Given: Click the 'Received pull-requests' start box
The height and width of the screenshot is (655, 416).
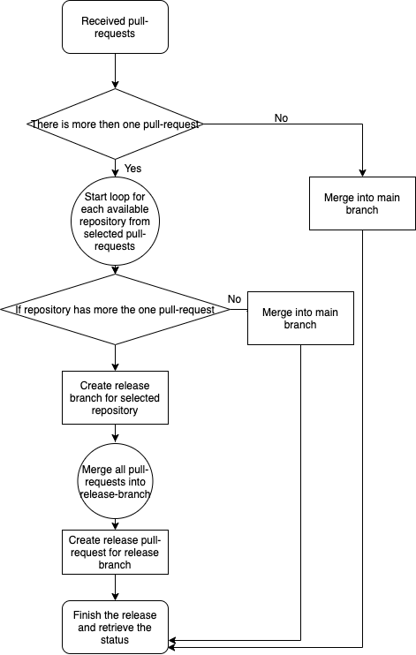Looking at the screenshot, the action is [115, 27].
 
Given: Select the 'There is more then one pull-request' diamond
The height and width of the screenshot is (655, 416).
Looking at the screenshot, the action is [115, 124].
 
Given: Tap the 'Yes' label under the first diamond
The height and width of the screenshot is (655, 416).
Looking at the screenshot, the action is [133, 169].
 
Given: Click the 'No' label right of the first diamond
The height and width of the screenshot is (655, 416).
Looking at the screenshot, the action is [282, 118].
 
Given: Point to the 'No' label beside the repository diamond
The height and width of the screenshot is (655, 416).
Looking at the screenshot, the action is [235, 299].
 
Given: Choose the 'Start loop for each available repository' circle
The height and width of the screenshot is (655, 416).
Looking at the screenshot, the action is [115, 222].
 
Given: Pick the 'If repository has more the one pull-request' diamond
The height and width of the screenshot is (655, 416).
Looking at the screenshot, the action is [115, 310].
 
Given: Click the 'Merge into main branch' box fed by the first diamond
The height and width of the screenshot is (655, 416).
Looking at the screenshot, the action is [362, 203].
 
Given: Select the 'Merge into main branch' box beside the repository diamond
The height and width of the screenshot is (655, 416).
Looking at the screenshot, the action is [300, 319].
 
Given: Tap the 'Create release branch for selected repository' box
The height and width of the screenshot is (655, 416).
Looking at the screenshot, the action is [115, 397].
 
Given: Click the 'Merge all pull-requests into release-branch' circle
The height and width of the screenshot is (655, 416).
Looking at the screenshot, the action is [115, 482].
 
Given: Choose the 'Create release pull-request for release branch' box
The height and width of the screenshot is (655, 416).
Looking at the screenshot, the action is [115, 553].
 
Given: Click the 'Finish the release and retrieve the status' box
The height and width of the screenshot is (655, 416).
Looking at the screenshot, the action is [115, 628].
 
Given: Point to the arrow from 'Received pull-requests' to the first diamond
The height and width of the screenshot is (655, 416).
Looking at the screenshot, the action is [115, 71].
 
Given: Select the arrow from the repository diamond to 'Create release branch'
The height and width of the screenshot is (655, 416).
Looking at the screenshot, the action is [115, 358].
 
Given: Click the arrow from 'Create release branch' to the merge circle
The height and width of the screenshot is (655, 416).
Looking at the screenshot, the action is [115, 433].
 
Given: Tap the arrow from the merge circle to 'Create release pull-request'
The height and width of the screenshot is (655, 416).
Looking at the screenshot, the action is [115, 524].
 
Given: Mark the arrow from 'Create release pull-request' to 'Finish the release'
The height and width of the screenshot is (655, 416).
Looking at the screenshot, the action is [115, 587].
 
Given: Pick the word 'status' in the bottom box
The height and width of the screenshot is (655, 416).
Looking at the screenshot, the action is [115, 640].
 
